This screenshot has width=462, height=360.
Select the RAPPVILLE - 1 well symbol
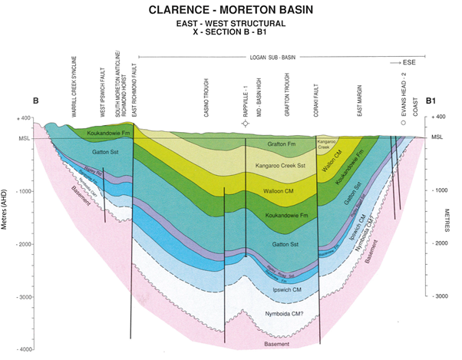click(245, 122)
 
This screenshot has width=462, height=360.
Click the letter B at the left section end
click(35, 101)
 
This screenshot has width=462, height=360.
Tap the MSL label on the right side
click(437, 137)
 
